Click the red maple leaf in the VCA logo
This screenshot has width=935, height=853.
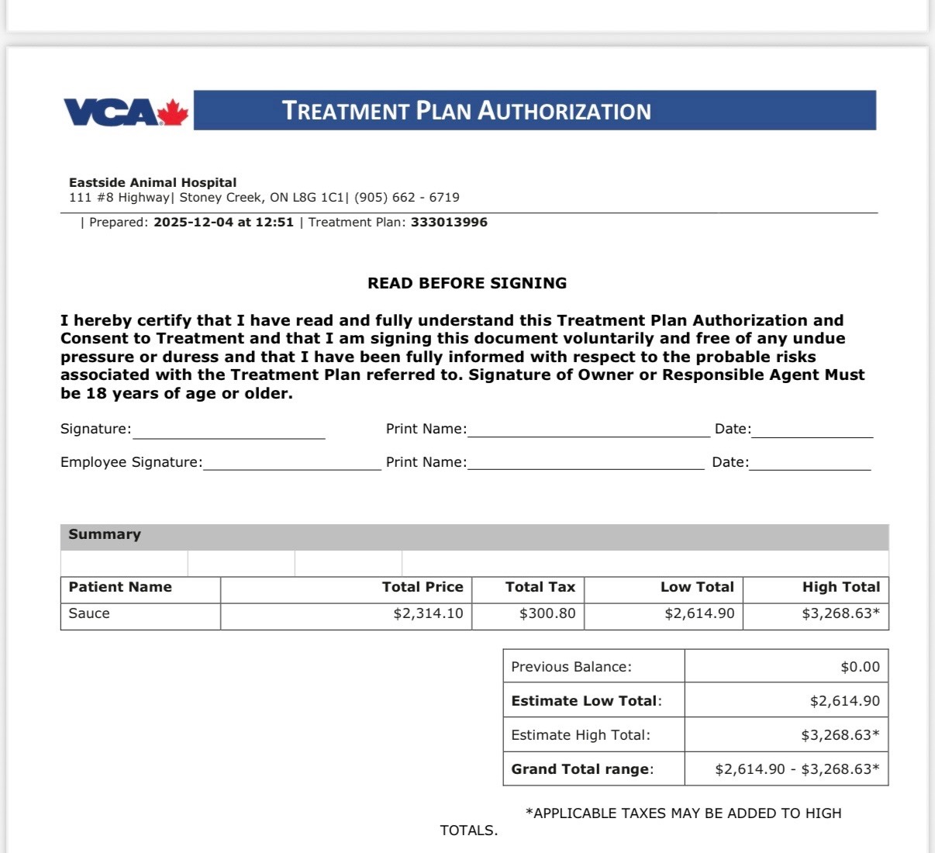pyautogui.click(x=173, y=112)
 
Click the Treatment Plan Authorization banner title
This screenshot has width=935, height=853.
pyautogui.click(x=466, y=111)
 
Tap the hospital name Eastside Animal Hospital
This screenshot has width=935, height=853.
pyautogui.click(x=153, y=182)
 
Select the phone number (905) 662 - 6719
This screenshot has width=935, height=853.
pyautogui.click(x=407, y=198)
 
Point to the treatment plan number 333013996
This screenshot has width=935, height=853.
pyautogui.click(x=449, y=223)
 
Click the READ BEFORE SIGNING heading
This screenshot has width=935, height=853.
pyautogui.click(x=467, y=283)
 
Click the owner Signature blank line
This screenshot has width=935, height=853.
pyautogui.click(x=229, y=433)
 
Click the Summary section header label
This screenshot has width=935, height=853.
pyautogui.click(x=105, y=534)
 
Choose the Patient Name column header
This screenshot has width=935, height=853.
pyautogui.click(x=120, y=587)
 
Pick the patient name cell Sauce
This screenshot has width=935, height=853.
pyautogui.click(x=89, y=613)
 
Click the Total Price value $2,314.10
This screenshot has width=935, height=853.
pyautogui.click(x=428, y=613)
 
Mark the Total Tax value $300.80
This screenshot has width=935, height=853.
pyautogui.click(x=547, y=613)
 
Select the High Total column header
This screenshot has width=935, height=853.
pyautogui.click(x=841, y=587)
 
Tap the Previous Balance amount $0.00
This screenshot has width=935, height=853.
pyautogui.click(x=860, y=667)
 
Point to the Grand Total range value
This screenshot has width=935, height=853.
pyautogui.click(x=797, y=769)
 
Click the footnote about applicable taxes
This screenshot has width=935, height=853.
pyautogui.click(x=682, y=813)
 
